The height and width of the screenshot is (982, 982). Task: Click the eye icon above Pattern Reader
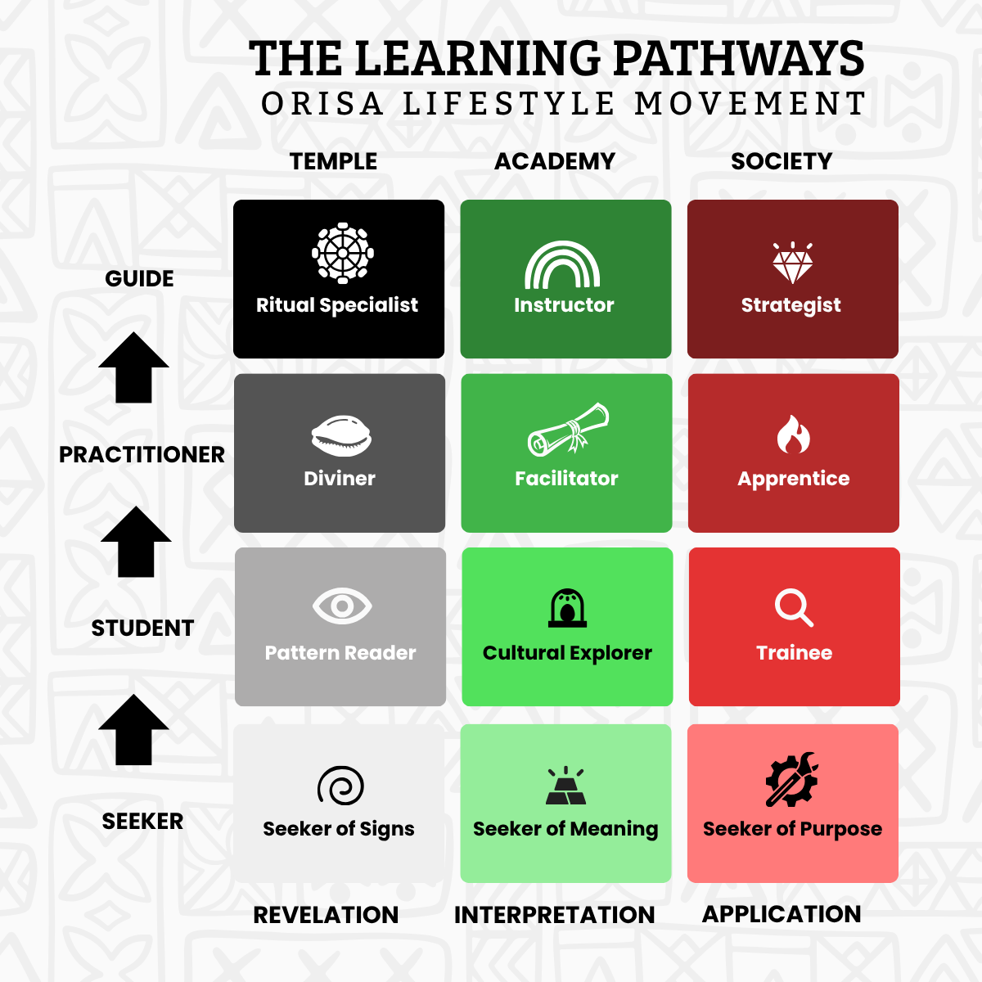pos(342,606)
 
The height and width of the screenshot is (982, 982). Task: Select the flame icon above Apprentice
pos(793,434)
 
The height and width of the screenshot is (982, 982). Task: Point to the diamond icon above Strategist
pos(793,263)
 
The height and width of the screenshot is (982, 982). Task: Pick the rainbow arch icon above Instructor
pos(562,265)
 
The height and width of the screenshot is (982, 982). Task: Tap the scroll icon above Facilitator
pos(568,430)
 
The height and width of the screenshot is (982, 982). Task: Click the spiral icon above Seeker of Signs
pos(340,786)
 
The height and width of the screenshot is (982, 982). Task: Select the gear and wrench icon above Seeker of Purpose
pos(791,780)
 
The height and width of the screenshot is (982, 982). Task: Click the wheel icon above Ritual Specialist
pos(343,253)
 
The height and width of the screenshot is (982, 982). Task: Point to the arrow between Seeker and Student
pos(133,729)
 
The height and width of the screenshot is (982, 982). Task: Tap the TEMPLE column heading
pos(333,161)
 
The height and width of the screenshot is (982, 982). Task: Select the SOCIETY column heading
pos(782,161)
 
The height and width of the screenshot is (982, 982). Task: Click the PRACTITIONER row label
pos(142,454)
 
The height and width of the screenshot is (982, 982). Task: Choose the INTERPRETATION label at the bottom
pos(554,915)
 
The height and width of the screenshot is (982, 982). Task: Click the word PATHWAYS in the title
pos(737,59)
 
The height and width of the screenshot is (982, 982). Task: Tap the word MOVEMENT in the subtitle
pos(750,104)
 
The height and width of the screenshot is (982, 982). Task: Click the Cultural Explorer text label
pos(567,653)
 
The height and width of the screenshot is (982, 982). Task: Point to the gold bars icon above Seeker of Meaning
pos(565,786)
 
